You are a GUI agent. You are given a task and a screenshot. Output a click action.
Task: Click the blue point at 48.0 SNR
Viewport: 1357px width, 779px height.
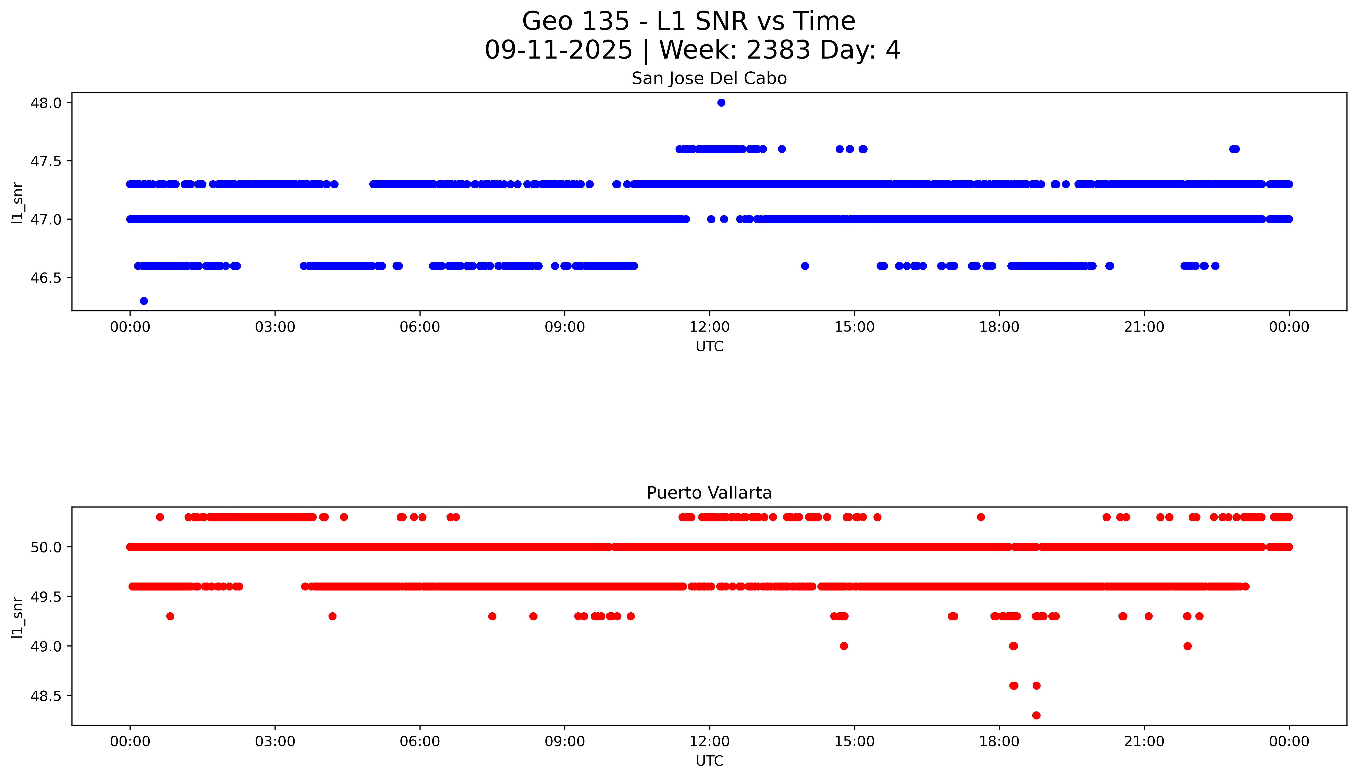[x=721, y=103]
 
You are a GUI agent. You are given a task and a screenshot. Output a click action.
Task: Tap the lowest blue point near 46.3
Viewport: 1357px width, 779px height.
[x=143, y=301]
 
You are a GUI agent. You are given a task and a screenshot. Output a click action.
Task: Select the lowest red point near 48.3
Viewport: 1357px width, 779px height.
[x=1036, y=715]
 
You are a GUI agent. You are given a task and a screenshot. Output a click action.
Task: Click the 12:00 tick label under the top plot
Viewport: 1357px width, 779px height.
[x=709, y=327]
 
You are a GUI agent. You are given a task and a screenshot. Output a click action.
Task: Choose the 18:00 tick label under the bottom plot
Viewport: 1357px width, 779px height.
[x=999, y=742]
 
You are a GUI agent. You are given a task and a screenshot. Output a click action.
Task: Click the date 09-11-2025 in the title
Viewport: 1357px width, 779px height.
[x=558, y=50]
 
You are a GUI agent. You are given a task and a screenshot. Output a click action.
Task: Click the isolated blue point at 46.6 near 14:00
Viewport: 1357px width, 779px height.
[x=805, y=266]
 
